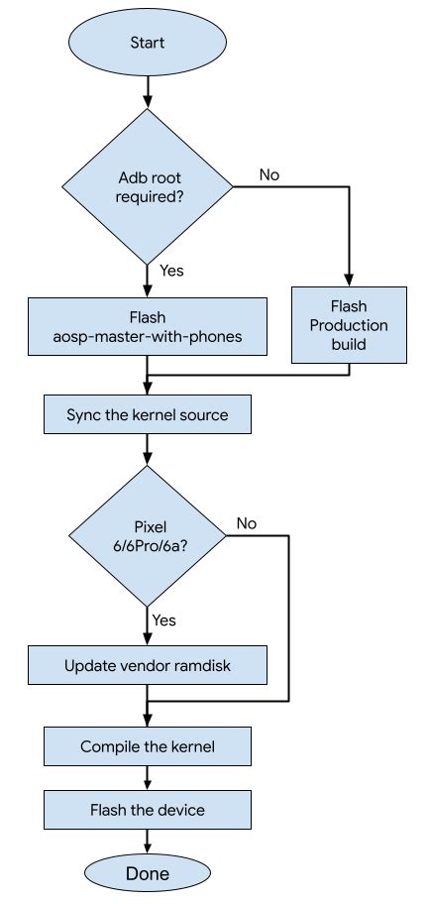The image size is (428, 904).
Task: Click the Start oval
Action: coord(148,42)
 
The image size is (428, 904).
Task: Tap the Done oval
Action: coord(148,873)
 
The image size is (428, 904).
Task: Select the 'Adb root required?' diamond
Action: coord(148,186)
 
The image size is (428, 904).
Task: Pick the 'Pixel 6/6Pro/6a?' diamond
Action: coord(148,535)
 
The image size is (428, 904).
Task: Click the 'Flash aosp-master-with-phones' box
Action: coord(148,326)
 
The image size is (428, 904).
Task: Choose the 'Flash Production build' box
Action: coord(349,325)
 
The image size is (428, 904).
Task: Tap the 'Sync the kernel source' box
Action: coord(148,414)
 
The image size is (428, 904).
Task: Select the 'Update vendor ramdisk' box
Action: coord(148,665)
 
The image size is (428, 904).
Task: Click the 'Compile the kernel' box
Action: coord(148,746)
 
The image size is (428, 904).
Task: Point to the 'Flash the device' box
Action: coord(148,810)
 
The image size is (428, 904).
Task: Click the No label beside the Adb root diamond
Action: coord(269,174)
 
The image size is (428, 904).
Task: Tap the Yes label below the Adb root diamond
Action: coord(171,270)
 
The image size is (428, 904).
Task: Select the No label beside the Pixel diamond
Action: coord(246,523)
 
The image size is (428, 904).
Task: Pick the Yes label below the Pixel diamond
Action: coord(164,620)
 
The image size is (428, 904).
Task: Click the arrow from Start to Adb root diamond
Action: coord(148,90)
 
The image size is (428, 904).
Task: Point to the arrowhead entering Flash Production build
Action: coord(349,281)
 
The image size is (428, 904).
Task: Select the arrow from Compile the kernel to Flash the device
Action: coord(148,778)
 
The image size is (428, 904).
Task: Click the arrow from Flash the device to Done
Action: coord(148,842)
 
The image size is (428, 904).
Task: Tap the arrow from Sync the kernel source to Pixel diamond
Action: coord(148,449)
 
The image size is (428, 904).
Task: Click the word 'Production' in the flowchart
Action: coord(349,325)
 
